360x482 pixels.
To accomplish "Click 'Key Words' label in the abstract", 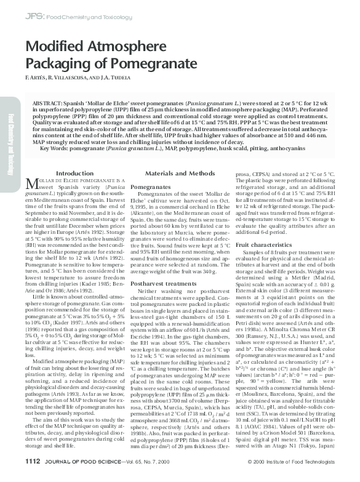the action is pyautogui.click(x=54, y=148).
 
